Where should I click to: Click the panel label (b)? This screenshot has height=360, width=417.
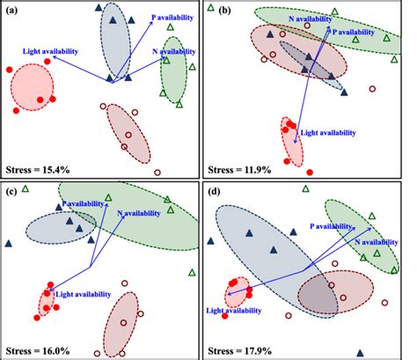[x=214, y=11]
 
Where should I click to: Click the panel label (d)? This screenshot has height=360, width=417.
[x=214, y=191]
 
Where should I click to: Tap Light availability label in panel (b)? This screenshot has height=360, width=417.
[x=327, y=133]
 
